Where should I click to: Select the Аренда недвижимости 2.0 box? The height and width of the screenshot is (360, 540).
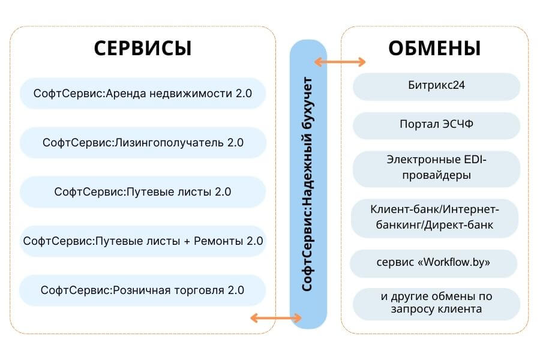(143, 94)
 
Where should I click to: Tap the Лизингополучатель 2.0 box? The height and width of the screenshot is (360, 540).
(143, 143)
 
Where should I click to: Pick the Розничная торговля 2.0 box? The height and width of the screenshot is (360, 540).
(143, 290)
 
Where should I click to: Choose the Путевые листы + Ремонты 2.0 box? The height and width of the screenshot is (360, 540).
(143, 241)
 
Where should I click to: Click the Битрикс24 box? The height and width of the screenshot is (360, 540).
(436, 86)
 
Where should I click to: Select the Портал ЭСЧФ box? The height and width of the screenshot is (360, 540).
(436, 125)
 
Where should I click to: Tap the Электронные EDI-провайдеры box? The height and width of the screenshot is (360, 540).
(436, 168)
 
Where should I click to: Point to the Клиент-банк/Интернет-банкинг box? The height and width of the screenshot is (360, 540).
(436, 218)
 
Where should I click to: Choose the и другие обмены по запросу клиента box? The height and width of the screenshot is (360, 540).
(436, 303)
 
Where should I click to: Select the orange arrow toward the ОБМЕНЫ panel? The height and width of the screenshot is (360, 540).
(340, 62)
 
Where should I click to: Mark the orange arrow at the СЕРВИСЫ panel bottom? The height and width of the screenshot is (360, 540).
(268, 318)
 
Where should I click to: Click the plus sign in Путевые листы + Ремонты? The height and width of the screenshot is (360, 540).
(187, 241)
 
